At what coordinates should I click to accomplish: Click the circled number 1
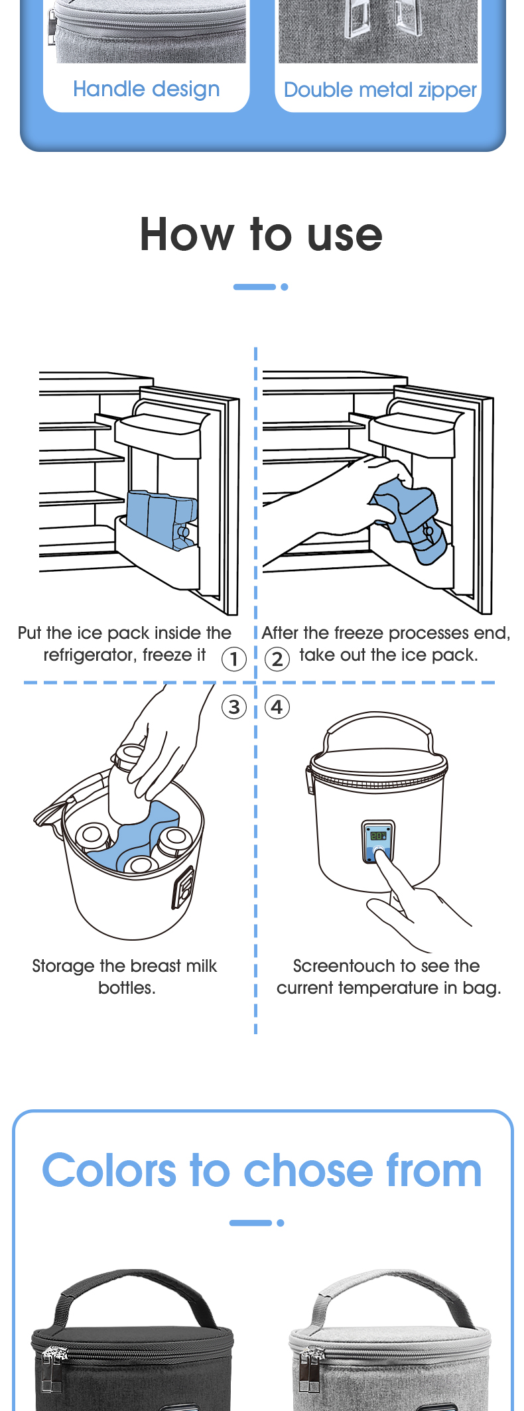233,659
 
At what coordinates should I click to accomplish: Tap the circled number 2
277,659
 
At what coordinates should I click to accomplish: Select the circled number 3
233,707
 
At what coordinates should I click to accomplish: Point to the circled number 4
277,707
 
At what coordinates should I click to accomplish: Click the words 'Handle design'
146,89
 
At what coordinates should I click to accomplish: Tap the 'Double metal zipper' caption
380,90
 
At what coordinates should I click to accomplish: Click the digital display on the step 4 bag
378,837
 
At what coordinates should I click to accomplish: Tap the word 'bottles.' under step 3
127,988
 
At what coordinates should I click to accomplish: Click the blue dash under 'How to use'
255,287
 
